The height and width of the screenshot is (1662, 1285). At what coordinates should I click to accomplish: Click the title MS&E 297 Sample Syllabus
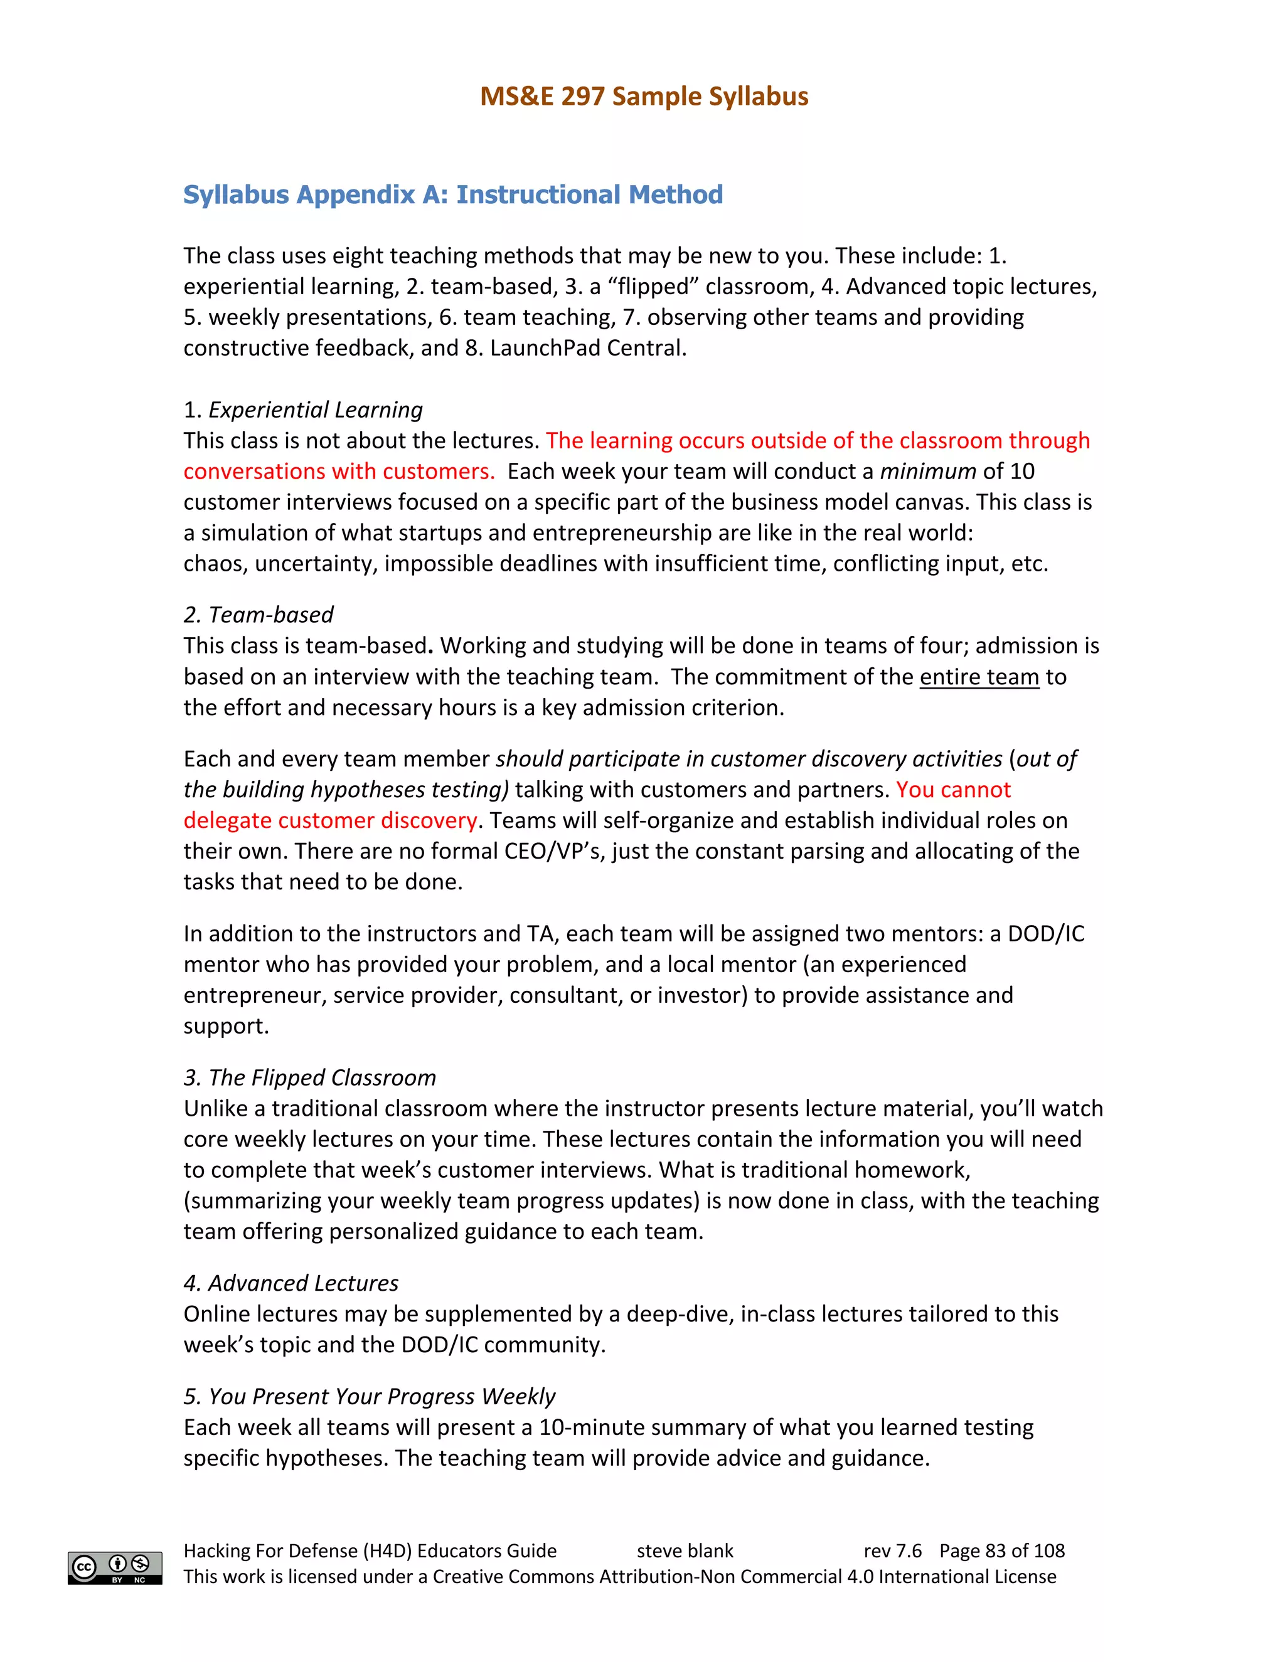click(x=643, y=97)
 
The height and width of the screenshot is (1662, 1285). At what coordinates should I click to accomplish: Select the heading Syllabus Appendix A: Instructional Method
click(x=453, y=195)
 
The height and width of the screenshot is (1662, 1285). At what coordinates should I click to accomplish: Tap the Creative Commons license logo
click(x=115, y=1568)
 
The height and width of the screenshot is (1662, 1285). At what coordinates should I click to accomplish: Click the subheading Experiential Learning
click(x=315, y=410)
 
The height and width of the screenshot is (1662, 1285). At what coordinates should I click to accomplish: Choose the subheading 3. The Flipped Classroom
click(x=310, y=1077)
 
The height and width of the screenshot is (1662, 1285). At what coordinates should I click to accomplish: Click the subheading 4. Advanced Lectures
click(x=291, y=1283)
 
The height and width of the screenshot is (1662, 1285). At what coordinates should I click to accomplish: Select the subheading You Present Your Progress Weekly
click(x=381, y=1397)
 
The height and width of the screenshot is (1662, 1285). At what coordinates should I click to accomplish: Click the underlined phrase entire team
click(x=979, y=677)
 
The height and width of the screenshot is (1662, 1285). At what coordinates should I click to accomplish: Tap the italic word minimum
click(x=927, y=472)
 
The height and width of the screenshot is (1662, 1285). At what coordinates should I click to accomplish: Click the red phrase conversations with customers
click(x=339, y=472)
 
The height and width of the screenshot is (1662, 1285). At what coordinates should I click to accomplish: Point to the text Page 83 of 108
click(x=1002, y=1551)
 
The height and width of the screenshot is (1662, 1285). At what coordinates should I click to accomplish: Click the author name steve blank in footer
click(x=685, y=1551)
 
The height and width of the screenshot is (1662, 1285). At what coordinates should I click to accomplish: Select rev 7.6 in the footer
click(x=892, y=1551)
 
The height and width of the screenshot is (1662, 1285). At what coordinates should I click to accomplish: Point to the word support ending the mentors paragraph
click(x=225, y=1027)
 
